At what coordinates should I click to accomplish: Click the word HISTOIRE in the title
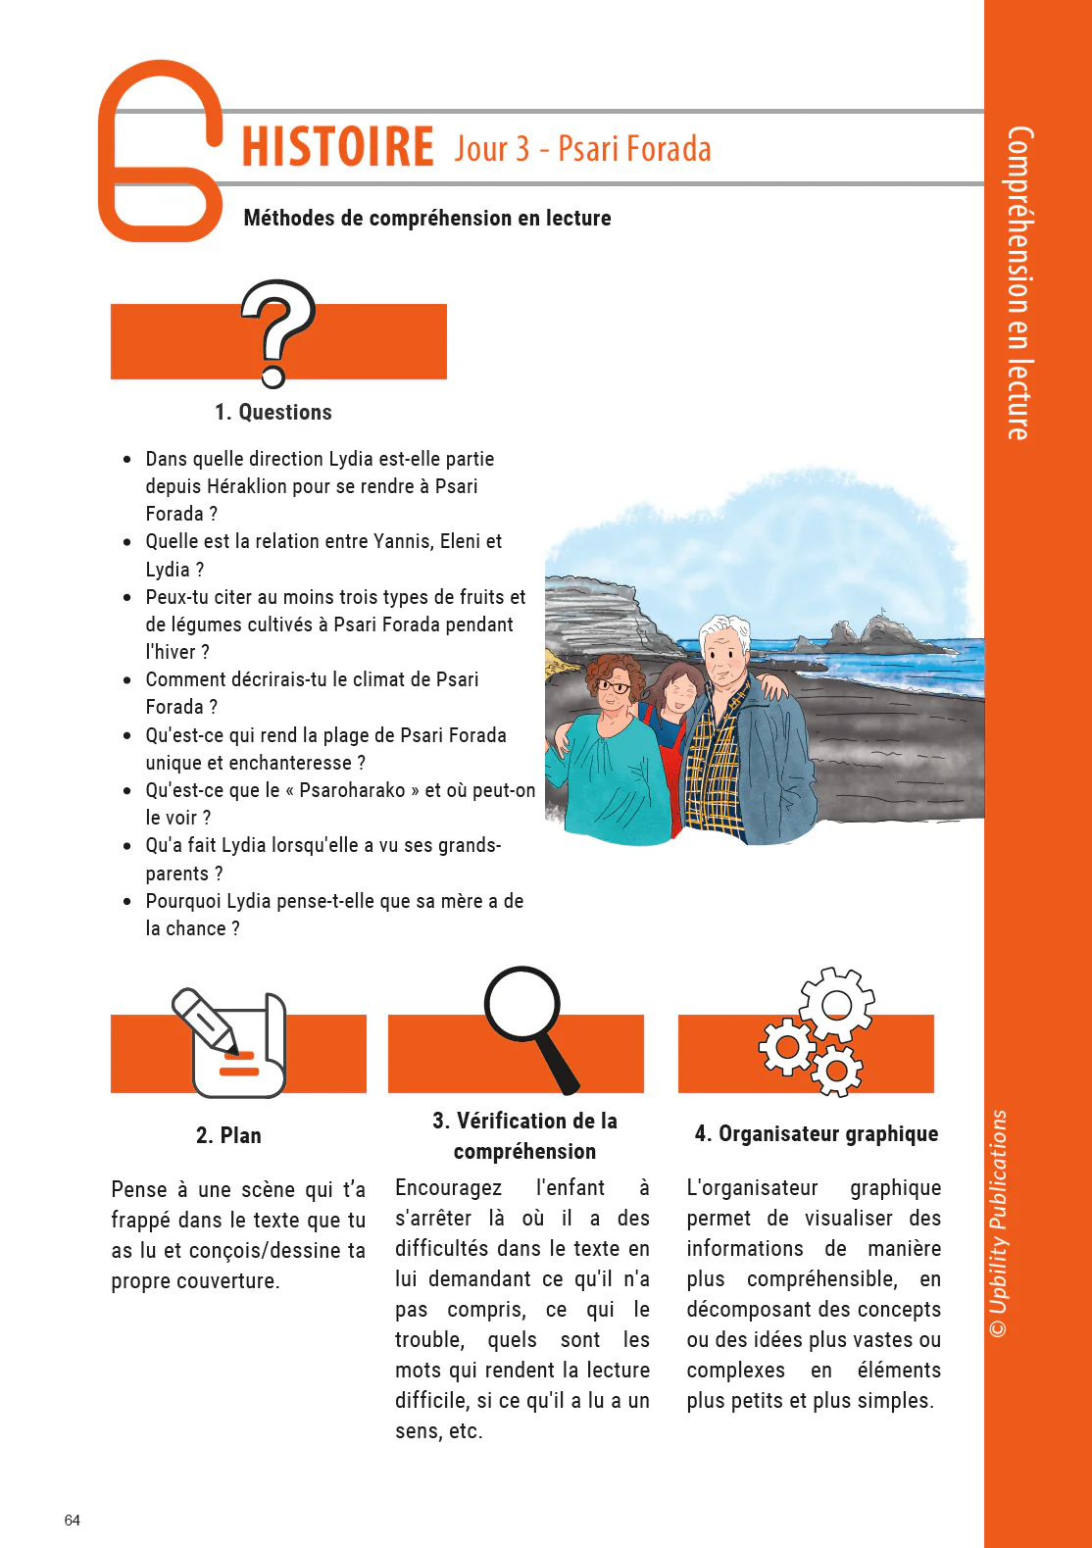coord(337,147)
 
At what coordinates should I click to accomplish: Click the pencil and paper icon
coord(231,1043)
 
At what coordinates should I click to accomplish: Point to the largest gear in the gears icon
coord(835,1005)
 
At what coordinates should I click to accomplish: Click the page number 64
coord(73,1521)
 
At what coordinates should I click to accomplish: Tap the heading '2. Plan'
coord(228,1135)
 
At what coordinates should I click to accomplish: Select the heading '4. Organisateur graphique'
coord(816,1134)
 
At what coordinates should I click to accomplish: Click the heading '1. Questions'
coord(273,412)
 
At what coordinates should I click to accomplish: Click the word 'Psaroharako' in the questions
coord(352,790)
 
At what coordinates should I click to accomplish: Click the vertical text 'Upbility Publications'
coord(999,1211)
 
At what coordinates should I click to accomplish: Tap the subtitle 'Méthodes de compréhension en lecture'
coord(427,218)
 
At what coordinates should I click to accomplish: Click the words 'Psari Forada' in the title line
coord(634,149)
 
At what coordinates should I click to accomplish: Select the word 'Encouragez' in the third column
coord(448,1188)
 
